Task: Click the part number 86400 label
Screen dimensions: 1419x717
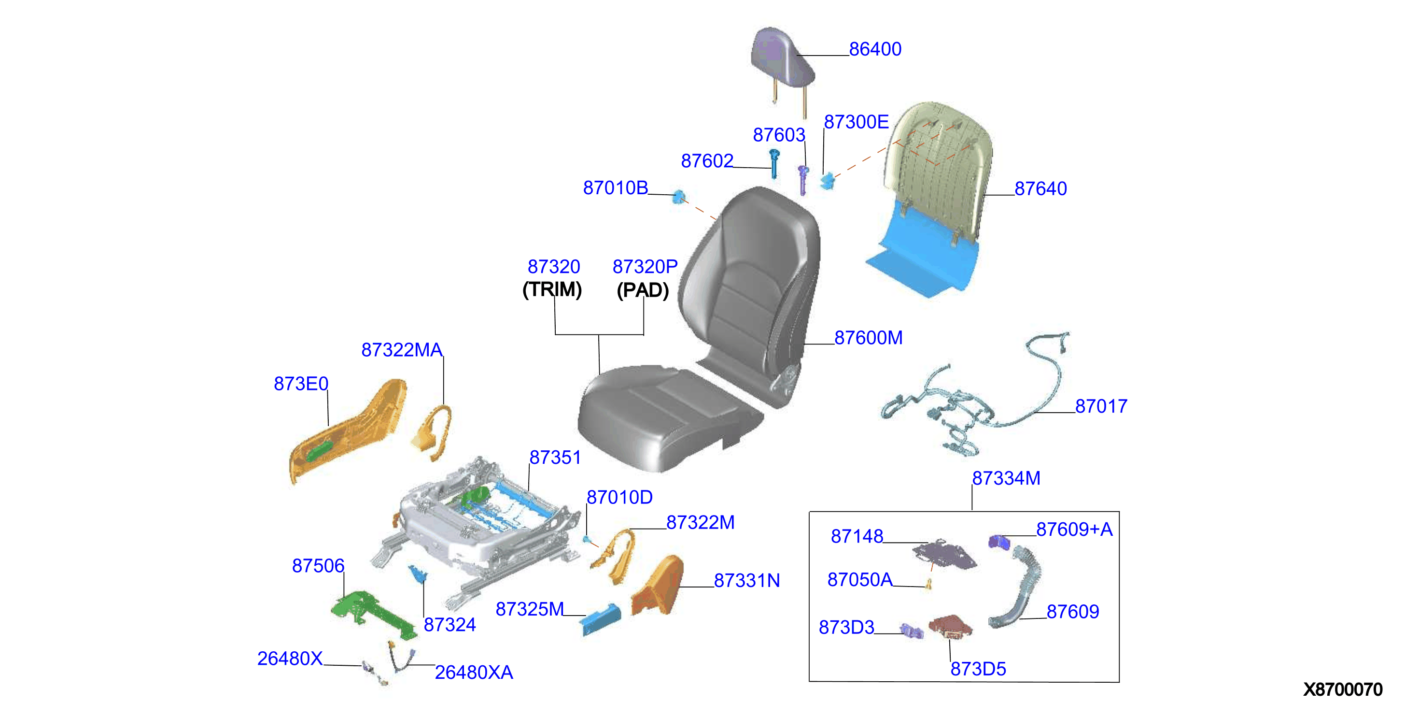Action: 875,49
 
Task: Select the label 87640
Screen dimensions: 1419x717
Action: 1040,188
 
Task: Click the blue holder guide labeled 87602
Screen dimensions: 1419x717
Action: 774,164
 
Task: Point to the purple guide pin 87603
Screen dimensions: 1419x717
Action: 803,180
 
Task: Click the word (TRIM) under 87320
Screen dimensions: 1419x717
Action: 552,289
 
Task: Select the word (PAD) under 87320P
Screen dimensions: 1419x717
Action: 643,290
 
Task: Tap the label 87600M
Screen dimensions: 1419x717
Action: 868,338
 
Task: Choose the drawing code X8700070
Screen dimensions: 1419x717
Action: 1342,689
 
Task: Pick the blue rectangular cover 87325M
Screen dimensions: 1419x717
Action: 600,620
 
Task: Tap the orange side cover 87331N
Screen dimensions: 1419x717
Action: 658,587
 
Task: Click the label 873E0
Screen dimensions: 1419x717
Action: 301,384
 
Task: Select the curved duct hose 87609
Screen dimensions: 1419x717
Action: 1017,588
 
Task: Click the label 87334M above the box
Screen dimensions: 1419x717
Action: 1006,478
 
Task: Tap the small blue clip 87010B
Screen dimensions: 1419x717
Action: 679,197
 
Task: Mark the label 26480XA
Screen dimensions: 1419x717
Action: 474,673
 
